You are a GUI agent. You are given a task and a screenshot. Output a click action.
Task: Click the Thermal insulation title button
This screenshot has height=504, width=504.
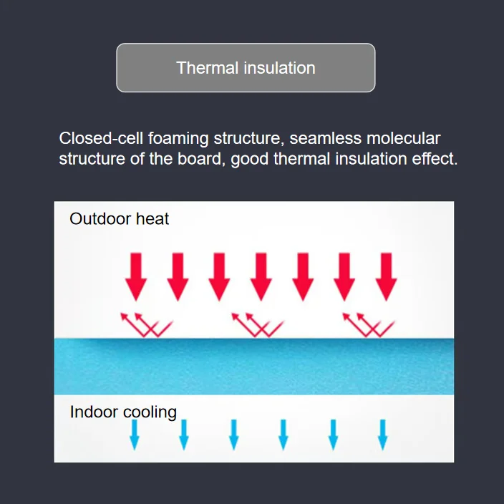tap(246, 68)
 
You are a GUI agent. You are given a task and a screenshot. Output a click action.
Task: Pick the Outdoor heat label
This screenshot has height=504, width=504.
tap(119, 219)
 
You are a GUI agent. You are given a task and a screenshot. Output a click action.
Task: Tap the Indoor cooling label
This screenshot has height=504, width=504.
tap(123, 412)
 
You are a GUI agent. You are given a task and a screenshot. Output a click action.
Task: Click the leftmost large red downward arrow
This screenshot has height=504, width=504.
tap(136, 276)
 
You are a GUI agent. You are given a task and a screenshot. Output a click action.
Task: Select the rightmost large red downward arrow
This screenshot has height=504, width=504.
tap(387, 276)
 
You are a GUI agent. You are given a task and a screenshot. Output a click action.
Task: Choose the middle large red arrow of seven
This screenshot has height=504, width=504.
tap(261, 276)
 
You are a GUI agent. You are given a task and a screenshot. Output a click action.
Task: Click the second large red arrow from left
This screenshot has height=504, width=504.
tap(178, 276)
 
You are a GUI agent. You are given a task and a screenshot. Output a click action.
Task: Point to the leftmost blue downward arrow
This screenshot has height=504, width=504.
tap(134, 435)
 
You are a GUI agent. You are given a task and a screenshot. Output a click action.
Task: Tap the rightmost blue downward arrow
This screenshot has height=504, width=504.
tap(382, 435)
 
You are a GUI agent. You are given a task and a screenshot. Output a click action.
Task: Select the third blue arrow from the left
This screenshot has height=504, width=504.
tap(233, 435)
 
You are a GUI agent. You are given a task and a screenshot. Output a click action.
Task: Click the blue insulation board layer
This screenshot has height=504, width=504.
tap(254, 366)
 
